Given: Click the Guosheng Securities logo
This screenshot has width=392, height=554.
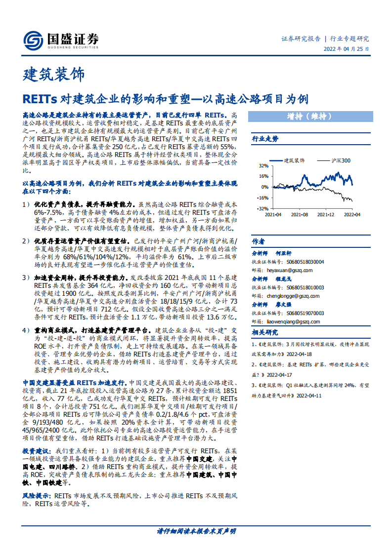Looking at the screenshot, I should [61, 40].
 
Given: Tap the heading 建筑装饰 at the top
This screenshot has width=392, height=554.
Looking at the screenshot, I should [54, 75].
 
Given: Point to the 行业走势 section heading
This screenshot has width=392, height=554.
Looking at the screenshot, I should [265, 139].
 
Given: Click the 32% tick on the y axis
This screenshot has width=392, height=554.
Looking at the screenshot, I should [263, 166].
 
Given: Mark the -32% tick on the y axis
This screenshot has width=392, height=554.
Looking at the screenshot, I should [262, 208].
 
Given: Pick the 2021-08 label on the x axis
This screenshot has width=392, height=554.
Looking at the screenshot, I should [300, 215].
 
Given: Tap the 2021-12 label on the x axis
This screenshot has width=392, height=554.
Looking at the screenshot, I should [326, 215].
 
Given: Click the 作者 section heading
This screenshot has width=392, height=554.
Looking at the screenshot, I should [259, 241].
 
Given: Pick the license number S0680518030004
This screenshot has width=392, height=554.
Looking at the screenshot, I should [305, 262].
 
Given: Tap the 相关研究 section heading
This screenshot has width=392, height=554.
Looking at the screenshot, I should [265, 332].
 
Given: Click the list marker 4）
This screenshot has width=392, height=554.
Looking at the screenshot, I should [28, 329].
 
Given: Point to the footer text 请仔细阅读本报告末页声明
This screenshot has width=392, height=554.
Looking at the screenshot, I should [196, 531].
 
